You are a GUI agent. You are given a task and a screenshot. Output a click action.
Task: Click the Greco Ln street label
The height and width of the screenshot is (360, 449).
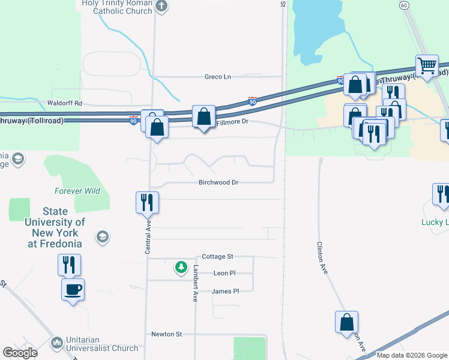pos(217,77)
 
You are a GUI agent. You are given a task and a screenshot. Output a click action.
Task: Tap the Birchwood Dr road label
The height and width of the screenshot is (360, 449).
pos(218,182)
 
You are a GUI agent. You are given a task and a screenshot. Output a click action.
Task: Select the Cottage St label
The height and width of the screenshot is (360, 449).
pos(217,256)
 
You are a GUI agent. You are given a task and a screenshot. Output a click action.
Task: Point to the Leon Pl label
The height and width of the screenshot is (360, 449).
pos(224,273)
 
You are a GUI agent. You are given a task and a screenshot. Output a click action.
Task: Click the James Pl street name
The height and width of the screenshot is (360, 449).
pos(225,291)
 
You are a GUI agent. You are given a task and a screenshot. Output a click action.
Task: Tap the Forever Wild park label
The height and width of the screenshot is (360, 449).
pos(77,191)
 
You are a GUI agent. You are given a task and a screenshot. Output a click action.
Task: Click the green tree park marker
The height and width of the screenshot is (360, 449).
pos(180,266)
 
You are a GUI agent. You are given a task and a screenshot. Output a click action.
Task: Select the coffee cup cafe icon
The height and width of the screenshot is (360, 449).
pos(73,289)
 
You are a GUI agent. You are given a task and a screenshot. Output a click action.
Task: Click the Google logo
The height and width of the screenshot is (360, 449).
pos(20,353)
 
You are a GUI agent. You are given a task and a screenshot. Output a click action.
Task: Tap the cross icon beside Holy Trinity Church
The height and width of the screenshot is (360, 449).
pos(161,7)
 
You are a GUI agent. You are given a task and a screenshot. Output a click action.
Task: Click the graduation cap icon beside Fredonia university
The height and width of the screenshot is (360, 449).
pos(102,236)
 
